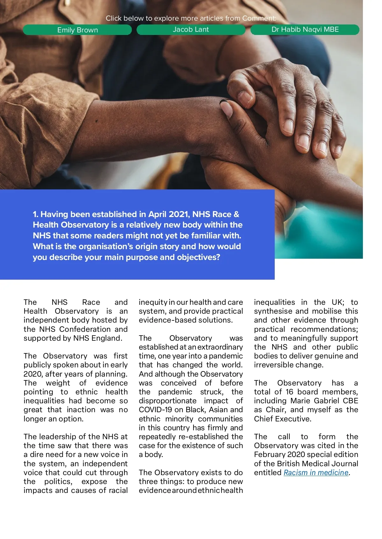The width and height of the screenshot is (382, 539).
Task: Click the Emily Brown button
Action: tap(77, 30)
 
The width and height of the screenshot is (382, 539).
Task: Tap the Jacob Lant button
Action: tap(191, 30)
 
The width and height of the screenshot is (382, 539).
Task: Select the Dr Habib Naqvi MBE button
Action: tap(305, 30)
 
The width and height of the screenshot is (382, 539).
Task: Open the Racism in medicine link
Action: tap(316, 473)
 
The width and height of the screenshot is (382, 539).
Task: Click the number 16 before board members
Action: tap(289, 392)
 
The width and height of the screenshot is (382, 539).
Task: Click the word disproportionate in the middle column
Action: tap(167, 401)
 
